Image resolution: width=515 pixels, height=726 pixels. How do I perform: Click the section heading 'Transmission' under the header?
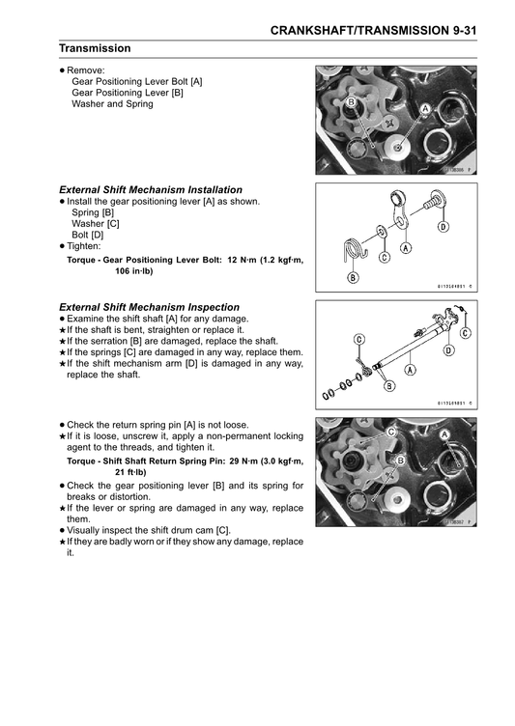(x=95, y=48)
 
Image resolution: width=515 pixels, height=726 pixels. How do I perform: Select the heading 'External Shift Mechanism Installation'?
(x=151, y=189)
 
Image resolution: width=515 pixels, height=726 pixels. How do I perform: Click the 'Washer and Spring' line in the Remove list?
(x=112, y=104)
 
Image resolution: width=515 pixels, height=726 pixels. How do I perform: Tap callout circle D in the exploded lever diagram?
(x=443, y=227)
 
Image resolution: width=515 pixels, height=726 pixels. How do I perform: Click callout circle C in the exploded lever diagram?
(x=384, y=258)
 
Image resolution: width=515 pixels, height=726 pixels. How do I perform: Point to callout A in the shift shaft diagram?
(x=411, y=369)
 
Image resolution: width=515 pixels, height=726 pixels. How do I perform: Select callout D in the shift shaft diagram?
(x=448, y=350)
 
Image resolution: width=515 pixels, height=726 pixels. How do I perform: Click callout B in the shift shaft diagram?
(x=389, y=386)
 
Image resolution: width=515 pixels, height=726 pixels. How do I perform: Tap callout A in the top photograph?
(x=425, y=110)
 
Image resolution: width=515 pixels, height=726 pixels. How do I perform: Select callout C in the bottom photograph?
(x=391, y=433)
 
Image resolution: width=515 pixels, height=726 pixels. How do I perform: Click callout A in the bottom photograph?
(x=444, y=435)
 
